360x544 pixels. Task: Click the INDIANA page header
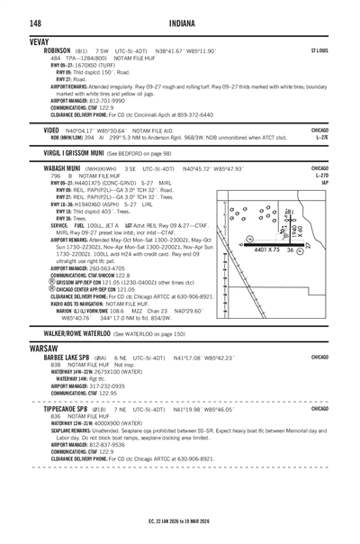point(180,23)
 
